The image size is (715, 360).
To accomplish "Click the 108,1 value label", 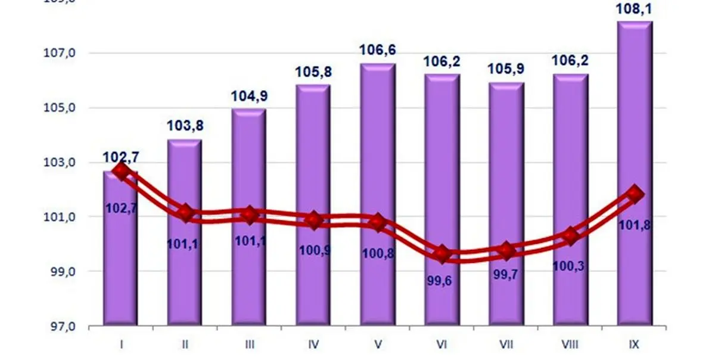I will pyautogui.click(x=636, y=9).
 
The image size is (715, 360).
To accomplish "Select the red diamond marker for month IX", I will pyautogui.click(x=635, y=193).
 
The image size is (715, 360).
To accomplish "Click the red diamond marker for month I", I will pyautogui.click(x=121, y=172).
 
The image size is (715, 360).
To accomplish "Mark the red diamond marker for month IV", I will pyautogui.click(x=313, y=220).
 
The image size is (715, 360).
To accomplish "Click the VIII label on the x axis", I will pyautogui.click(x=570, y=343).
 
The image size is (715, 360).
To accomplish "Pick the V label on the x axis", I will pyautogui.click(x=378, y=343).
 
